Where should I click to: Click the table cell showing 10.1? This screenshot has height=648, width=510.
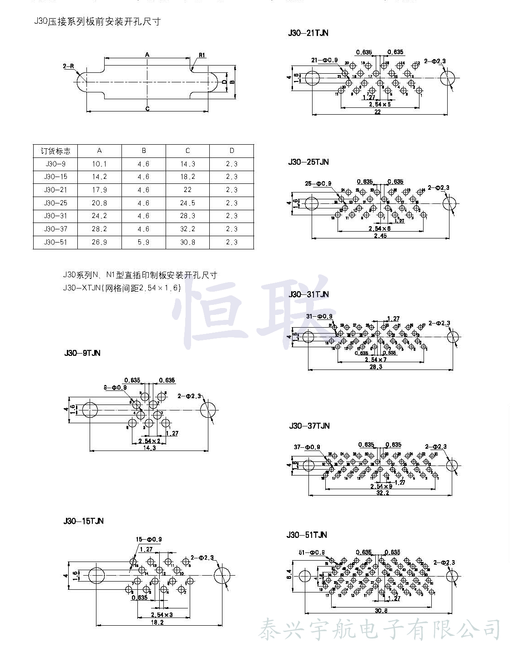[99, 164]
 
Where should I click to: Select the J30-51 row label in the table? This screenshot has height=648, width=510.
[56, 242]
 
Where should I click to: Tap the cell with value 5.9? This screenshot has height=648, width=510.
[143, 242]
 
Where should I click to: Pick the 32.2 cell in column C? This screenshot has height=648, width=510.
[187, 229]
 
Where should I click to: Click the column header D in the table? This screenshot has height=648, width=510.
[232, 151]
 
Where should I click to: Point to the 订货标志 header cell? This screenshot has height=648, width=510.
[56, 151]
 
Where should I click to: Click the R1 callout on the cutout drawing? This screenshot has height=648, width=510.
[202, 55]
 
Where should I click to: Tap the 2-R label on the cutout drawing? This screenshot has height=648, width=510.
[68, 66]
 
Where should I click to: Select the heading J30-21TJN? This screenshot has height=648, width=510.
[308, 33]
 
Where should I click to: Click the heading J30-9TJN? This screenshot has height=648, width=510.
[82, 353]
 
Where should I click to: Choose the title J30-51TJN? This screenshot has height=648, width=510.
[307, 535]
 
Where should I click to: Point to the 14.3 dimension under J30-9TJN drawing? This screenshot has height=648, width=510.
[149, 448]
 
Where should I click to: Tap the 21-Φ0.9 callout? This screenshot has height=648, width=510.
[324, 60]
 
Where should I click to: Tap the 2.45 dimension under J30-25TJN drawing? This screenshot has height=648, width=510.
[380, 236]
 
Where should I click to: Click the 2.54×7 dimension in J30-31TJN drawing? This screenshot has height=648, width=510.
[376, 359]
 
